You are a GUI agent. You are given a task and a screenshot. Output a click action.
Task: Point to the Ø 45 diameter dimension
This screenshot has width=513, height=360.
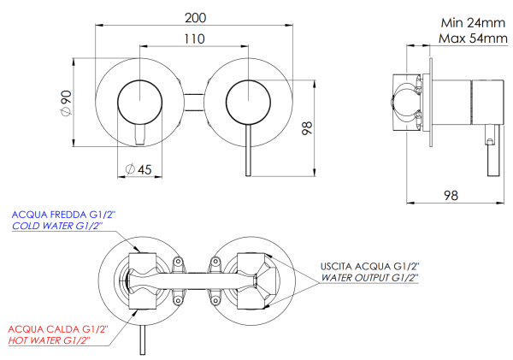coord(138,169)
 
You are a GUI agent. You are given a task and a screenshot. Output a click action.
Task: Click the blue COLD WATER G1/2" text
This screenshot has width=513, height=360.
coord(56,226)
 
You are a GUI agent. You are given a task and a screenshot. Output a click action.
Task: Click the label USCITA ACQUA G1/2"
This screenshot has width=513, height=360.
coord(370,266)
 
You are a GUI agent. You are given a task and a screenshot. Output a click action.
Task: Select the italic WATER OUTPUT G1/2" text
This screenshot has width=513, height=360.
coord(369,278)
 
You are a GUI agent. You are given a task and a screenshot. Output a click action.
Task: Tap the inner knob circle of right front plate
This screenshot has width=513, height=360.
coord(248,102)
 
